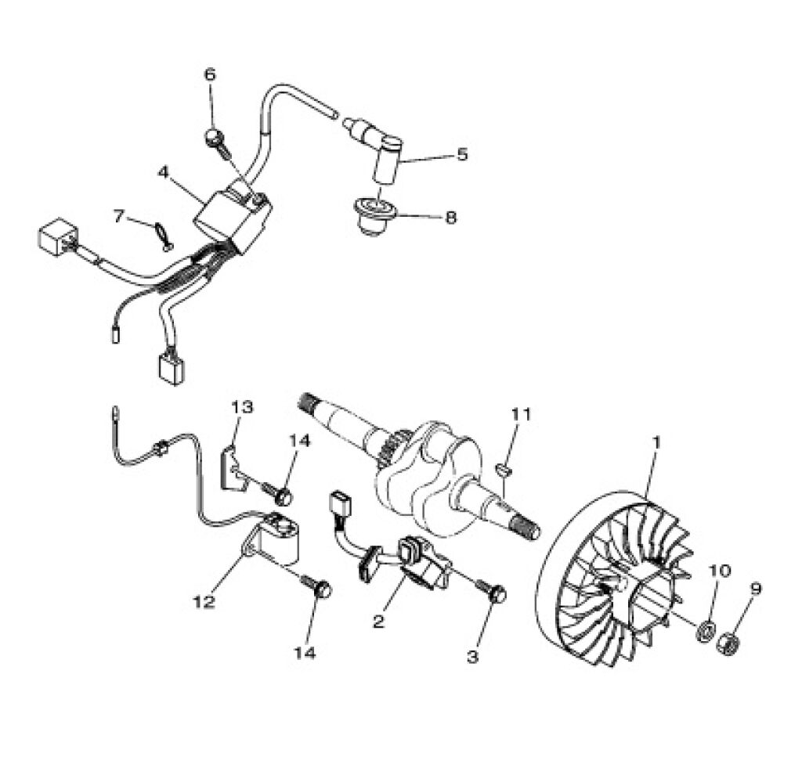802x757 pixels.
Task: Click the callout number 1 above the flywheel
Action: coord(657,442)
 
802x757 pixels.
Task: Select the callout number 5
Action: coord(462,154)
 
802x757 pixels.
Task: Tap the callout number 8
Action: coord(450,218)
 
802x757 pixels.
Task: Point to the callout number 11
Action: coord(521,413)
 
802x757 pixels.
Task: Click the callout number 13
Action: coord(242,407)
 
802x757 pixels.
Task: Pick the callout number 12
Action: coord(204,602)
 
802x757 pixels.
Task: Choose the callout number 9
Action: coord(756,589)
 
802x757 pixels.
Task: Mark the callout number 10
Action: coord(721,571)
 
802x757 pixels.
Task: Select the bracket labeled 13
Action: coord(233,467)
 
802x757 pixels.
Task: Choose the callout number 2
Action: coord(378,622)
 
